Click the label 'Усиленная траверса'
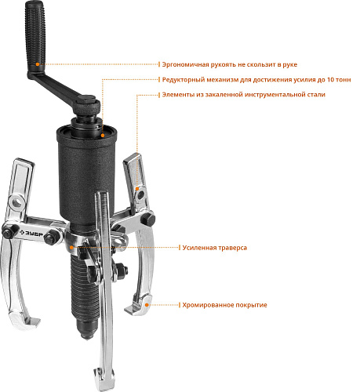(215, 248)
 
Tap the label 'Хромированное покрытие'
(224, 305)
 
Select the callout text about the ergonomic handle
(230, 64)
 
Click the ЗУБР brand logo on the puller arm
(31, 233)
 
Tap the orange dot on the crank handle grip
(38, 64)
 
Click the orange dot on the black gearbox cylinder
(103, 135)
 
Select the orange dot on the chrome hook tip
(147, 305)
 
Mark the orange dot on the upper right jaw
(137, 189)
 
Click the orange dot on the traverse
(71, 247)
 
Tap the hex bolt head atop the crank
(86, 100)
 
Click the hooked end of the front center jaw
(104, 379)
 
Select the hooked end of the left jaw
(25, 321)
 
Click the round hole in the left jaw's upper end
(17, 201)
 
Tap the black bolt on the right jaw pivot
(148, 219)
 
